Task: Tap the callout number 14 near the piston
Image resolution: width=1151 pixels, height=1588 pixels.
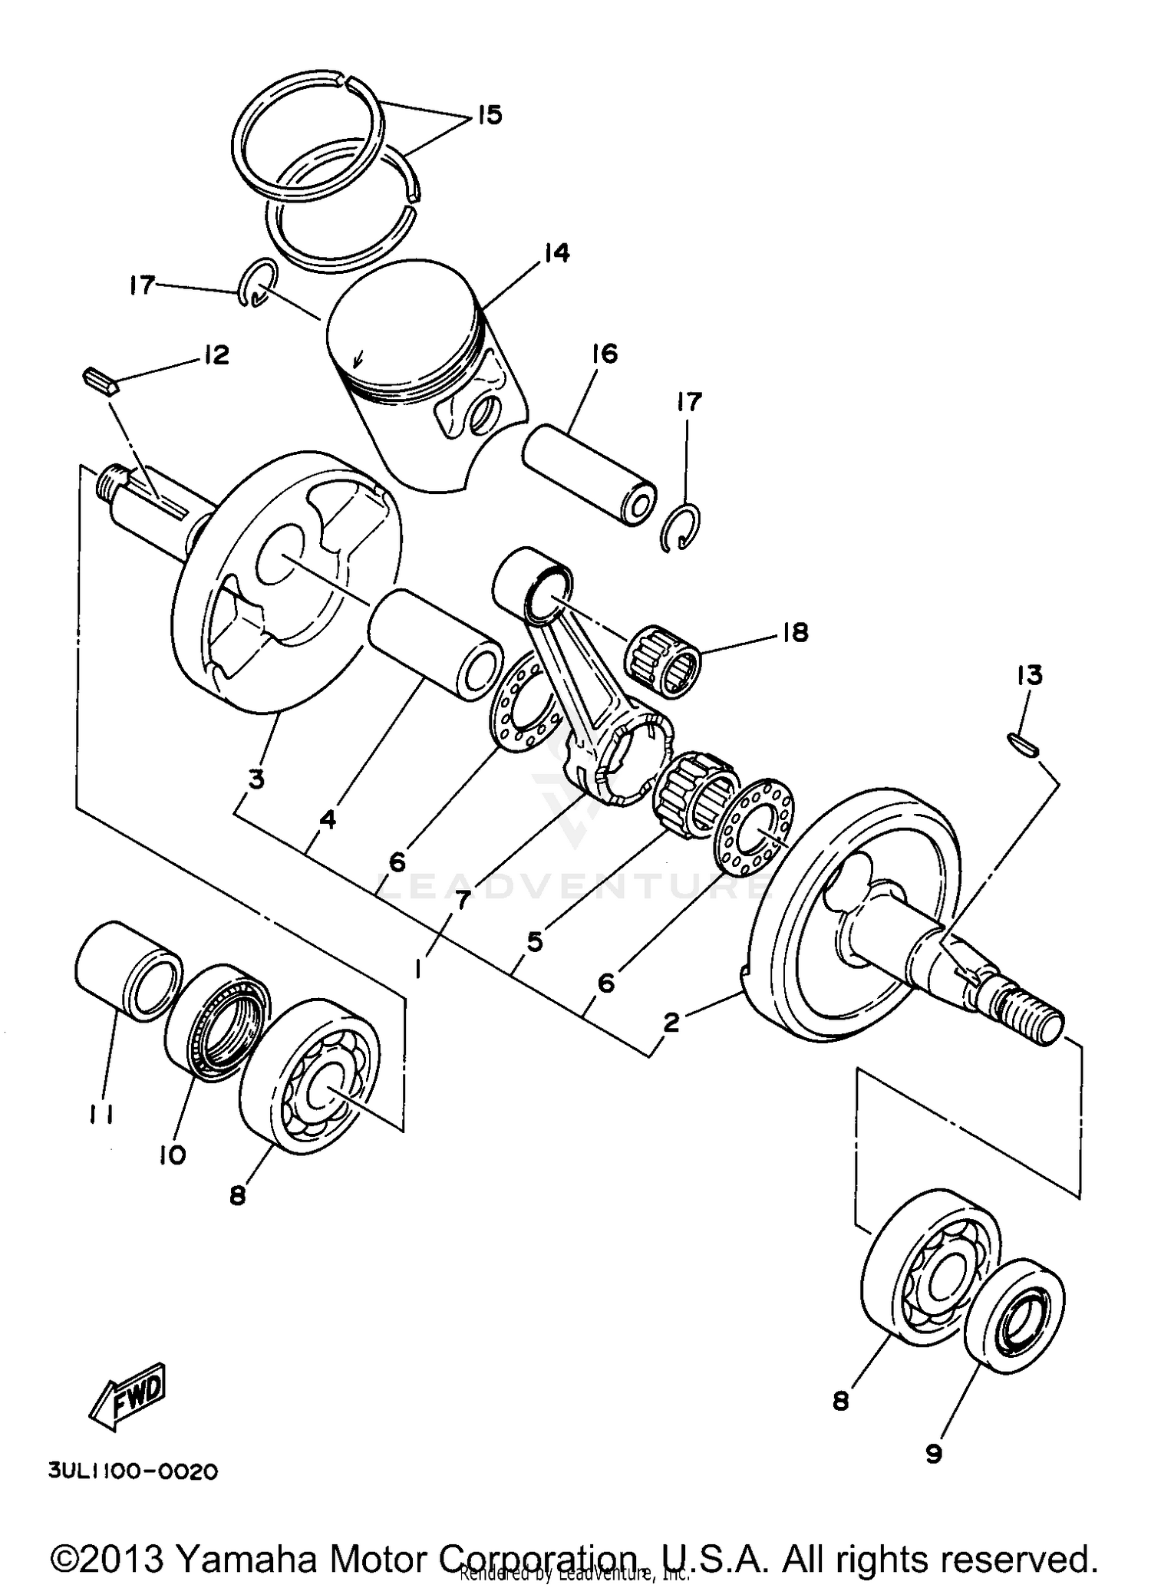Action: [557, 252]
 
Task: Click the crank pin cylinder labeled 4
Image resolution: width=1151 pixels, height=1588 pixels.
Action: [435, 646]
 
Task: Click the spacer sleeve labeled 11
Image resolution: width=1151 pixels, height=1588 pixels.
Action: [127, 970]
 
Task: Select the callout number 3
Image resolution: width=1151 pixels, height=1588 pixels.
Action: [256, 779]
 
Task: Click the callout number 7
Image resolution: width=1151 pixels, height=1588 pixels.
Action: [462, 901]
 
